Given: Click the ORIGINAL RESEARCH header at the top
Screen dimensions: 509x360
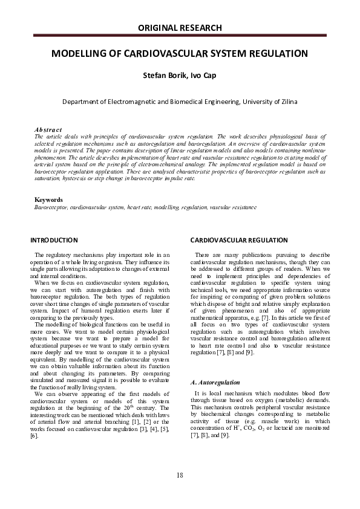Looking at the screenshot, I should point(180,28).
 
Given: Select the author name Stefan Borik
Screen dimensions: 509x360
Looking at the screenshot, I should point(160,77).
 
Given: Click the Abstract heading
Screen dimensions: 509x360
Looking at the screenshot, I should point(48,129).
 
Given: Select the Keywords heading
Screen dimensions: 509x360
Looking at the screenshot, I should point(49,199).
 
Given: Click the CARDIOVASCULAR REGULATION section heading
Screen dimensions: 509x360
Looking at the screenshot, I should point(234,240).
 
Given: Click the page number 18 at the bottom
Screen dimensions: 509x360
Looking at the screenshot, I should point(180,475).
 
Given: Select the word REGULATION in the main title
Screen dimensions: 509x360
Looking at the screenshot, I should point(270,54).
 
